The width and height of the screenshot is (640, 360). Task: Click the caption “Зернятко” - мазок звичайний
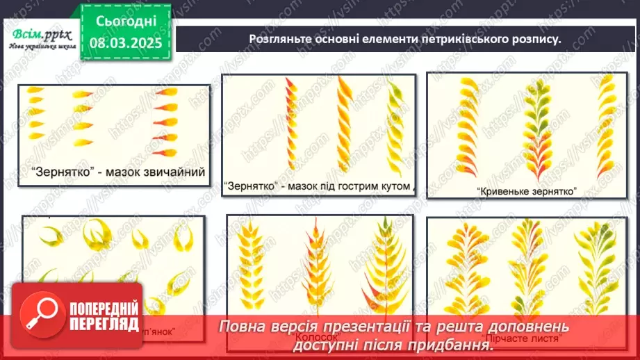click(x=119, y=172)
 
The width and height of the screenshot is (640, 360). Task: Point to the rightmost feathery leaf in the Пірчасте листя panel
click(x=595, y=275)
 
